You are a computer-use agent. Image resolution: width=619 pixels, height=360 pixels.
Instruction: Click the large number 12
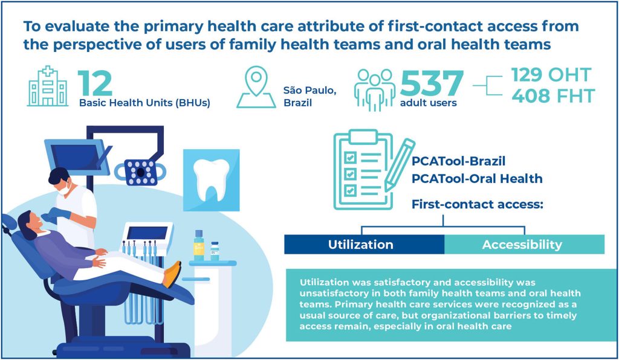[x=95, y=83]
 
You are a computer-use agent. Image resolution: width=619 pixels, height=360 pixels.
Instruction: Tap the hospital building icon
[x=48, y=86]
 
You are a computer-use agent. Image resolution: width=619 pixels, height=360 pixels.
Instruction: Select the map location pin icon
[x=256, y=87]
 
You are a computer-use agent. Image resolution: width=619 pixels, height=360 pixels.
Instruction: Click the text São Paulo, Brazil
[x=309, y=96]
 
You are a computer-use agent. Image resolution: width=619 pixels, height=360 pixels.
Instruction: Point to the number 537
[x=432, y=83]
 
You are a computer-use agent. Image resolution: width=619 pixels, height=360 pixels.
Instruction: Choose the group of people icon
[x=375, y=90]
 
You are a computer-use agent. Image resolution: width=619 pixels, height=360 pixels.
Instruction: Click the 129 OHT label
[x=551, y=74]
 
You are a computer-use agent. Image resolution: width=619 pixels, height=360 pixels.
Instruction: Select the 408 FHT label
[x=553, y=96]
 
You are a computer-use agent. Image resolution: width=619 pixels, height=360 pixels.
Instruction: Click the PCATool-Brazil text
[x=458, y=161]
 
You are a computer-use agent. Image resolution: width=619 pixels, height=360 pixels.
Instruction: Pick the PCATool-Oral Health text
[x=477, y=179]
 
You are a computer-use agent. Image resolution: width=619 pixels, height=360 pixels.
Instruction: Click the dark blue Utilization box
[x=365, y=245]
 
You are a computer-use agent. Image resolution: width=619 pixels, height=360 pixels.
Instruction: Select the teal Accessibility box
[x=525, y=245]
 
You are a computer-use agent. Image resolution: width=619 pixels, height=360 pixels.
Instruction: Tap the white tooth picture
[x=211, y=180]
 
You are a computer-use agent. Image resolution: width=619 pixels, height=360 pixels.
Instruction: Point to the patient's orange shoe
[x=172, y=274]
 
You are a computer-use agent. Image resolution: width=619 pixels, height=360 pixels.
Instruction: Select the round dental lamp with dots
[x=140, y=172]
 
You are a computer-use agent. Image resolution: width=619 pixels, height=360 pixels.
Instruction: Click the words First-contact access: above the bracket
[x=478, y=204]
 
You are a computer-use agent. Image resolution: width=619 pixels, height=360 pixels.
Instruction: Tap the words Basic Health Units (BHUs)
[x=144, y=103]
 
